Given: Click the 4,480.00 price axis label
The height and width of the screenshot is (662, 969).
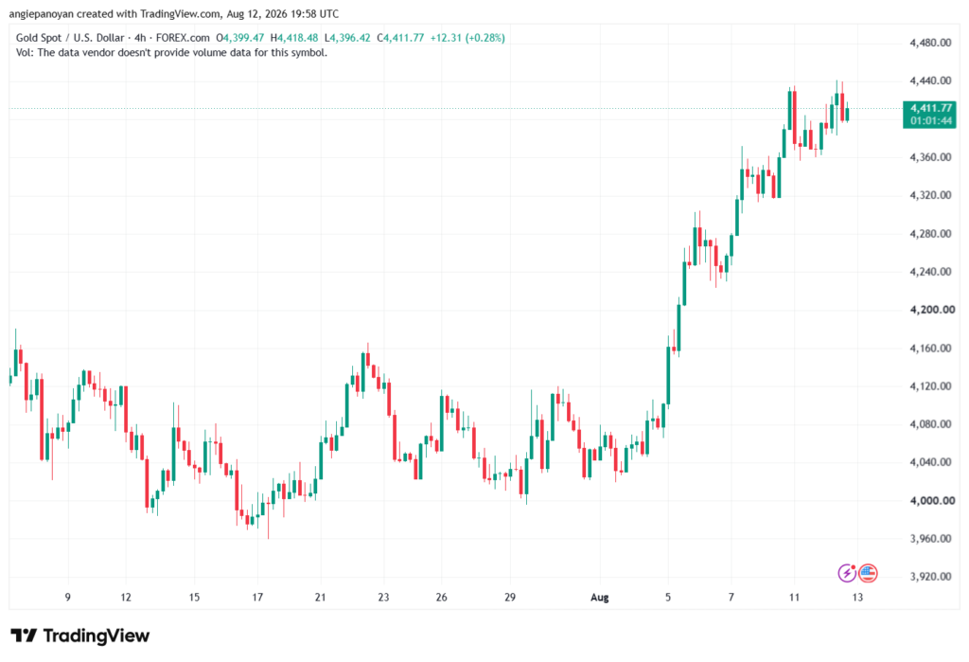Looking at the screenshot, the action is click(x=930, y=43).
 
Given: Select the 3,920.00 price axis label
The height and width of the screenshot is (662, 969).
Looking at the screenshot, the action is click(x=930, y=576).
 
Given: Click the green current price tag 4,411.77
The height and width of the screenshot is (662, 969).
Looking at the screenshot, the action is click(x=931, y=108).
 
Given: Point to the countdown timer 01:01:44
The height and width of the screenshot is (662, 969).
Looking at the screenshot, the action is click(x=931, y=120).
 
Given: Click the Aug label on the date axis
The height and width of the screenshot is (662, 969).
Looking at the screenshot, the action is click(x=599, y=597).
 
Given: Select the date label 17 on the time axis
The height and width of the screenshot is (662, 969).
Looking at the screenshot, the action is click(x=257, y=597).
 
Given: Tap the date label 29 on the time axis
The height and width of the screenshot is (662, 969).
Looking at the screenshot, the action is click(x=510, y=597).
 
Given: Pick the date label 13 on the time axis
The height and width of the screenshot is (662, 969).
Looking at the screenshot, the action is click(x=857, y=597).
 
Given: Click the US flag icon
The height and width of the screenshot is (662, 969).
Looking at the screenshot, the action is click(x=869, y=573).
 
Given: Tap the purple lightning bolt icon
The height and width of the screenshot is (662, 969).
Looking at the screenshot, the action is click(x=847, y=573).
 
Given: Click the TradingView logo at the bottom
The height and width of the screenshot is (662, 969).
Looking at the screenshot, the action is click(x=80, y=635).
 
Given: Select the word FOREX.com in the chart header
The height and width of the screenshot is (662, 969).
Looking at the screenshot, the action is click(x=183, y=38).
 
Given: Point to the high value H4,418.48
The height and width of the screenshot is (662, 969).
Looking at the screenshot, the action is click(x=294, y=38).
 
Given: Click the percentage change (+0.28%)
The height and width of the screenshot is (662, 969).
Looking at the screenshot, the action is click(x=484, y=38).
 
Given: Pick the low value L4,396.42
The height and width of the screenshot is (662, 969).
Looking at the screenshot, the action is click(x=347, y=38).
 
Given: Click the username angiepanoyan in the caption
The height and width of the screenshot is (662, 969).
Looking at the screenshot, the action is click(x=42, y=13).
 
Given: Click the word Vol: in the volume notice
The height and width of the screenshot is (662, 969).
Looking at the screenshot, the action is click(x=25, y=53).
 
